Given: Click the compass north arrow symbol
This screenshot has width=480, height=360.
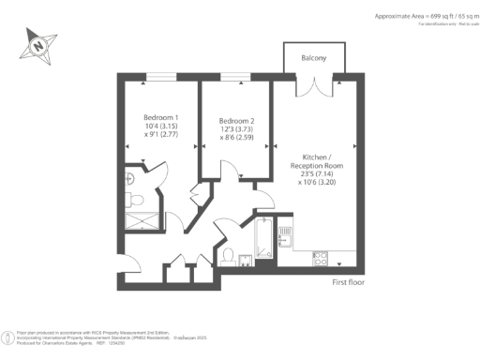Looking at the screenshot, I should pos(36,42).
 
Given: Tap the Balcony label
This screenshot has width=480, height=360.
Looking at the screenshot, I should pos(314,58).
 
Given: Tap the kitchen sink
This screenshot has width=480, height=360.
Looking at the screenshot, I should pos(286,239).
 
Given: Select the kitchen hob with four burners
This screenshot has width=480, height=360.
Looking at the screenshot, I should pos(319,258).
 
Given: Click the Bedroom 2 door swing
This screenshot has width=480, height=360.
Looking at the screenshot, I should pos(225,172).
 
